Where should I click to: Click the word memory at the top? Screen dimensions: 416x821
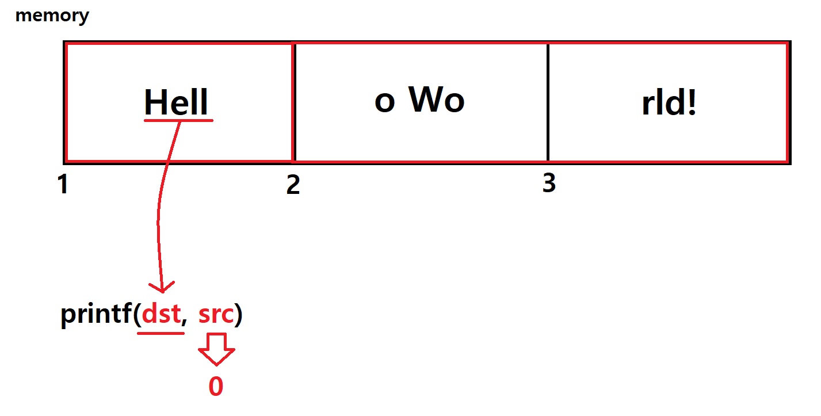pyautogui.click(x=52, y=16)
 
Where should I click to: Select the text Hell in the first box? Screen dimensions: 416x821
pyautogui.click(x=175, y=102)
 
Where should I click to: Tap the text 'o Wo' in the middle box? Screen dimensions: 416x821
pyautogui.click(x=419, y=101)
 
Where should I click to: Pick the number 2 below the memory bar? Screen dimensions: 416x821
pyautogui.click(x=293, y=185)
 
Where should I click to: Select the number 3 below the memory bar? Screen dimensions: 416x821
pyautogui.click(x=549, y=184)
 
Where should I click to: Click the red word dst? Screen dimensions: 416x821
pyautogui.click(x=161, y=315)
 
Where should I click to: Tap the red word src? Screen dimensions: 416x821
pyautogui.click(x=216, y=315)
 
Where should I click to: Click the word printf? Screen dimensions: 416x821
pyautogui.click(x=96, y=316)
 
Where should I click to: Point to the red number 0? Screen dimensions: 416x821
pyautogui.click(x=216, y=387)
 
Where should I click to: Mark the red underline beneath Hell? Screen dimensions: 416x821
pyautogui.click(x=178, y=121)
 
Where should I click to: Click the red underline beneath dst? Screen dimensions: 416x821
pyautogui.click(x=161, y=333)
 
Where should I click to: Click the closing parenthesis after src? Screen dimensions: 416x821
pyautogui.click(x=238, y=316)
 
